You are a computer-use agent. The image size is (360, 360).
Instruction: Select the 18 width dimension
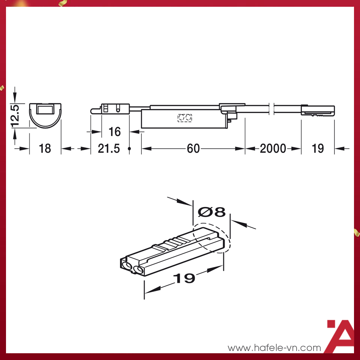coord(45,148)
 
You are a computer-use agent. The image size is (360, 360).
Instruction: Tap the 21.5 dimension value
coord(109,148)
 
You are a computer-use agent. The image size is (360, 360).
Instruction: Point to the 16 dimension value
coord(115,132)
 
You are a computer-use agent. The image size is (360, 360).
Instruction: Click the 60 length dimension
coord(193,148)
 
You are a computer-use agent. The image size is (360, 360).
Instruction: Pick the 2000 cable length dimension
coord(273,148)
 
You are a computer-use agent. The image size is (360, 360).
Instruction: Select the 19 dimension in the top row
coord(317,148)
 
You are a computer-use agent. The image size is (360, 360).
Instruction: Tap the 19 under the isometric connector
coord(184,278)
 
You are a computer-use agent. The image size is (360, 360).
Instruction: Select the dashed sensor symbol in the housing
coord(184,118)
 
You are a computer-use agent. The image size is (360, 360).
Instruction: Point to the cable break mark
coord(273,109)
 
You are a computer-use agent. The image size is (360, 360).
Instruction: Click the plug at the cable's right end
coord(318,111)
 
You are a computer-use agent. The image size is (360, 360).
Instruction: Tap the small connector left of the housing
coord(111,109)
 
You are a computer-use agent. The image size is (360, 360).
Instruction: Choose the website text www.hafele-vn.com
coord(274,348)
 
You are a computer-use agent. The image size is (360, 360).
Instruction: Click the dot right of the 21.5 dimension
coord(129,149)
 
